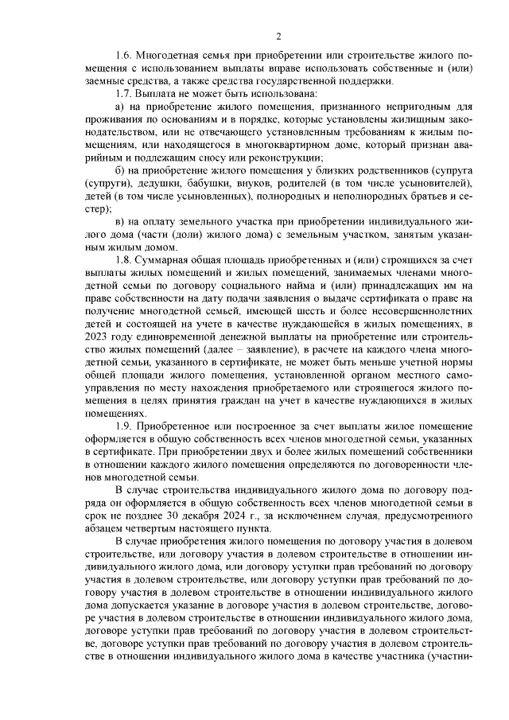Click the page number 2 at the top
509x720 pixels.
pos(278,36)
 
